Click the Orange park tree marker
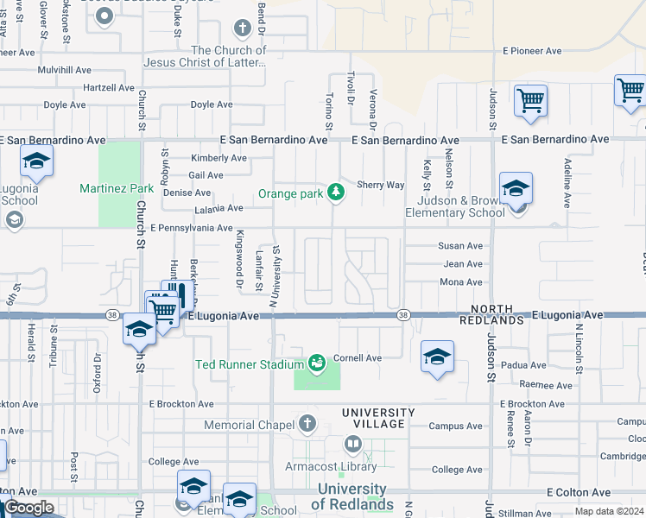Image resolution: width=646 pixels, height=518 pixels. click(x=337, y=193)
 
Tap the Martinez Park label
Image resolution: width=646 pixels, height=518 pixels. click(x=117, y=188)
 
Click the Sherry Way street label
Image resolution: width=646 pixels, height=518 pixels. click(x=380, y=185)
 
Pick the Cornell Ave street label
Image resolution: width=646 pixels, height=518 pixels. click(x=358, y=357)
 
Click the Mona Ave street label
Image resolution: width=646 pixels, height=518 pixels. click(x=461, y=282)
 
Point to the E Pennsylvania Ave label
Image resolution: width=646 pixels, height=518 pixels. click(x=191, y=229)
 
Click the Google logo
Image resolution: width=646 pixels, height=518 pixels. click(x=28, y=508)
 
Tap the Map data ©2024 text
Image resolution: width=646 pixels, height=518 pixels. click(x=608, y=511)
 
